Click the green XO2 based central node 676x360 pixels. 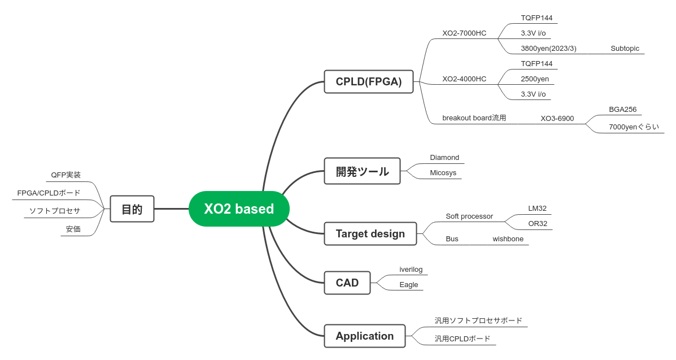pos(239,209)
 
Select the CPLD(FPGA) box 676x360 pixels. pos(368,82)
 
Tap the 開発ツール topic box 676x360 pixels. pos(362,171)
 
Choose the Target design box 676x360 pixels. pos(370,234)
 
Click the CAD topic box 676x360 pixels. pos(347,283)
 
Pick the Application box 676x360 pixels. pos(364,336)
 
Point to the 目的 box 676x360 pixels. pos(132,209)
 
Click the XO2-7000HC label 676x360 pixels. pos(464,33)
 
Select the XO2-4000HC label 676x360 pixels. pos(464,79)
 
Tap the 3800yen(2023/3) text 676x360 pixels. pos(548,49)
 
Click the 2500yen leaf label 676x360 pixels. pos(534,79)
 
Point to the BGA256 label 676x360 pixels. pos(622,110)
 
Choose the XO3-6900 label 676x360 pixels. pos(557,119)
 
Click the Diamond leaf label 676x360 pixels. pos(444,158)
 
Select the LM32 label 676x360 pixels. pos(537,209)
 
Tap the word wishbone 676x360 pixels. pos(508,239)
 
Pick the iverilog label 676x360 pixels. pos(411,270)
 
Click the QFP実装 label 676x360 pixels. pos(66,175)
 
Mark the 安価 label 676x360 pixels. pos(73,229)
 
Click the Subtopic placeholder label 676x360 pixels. pos(625,49)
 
